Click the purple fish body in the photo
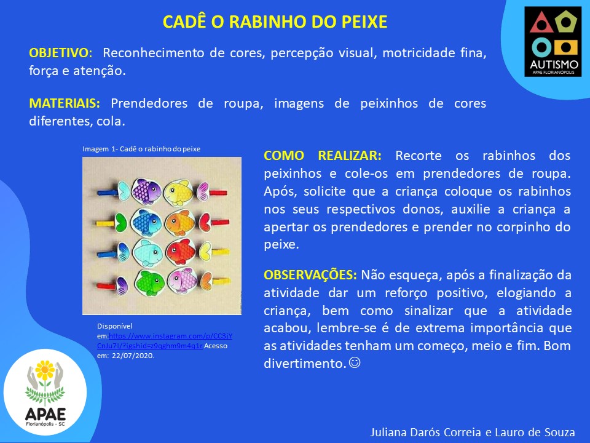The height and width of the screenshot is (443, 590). [x=146, y=191]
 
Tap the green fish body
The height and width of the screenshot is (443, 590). [x=149, y=282]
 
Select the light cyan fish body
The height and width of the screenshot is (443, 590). [x=147, y=253]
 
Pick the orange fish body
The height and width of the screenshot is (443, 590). [x=180, y=223]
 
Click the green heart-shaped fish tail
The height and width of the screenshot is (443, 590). [x=121, y=223]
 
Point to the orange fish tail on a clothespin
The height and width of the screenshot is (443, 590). [x=205, y=281]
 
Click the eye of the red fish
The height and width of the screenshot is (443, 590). [x=174, y=248]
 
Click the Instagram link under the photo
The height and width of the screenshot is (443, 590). [x=165, y=340]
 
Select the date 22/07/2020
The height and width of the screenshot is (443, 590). [x=133, y=355]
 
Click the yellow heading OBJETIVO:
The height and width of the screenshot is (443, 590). [x=61, y=53]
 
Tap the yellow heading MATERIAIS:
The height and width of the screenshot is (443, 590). [x=65, y=103]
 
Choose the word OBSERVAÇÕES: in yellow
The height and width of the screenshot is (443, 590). [x=310, y=275]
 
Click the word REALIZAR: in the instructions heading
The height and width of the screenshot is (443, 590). [x=350, y=156]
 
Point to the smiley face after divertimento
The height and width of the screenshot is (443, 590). [x=355, y=362]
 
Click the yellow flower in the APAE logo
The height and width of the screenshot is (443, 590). [x=45, y=370]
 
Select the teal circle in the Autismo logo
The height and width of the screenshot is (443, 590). [x=541, y=48]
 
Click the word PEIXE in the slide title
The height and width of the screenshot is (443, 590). [x=364, y=22]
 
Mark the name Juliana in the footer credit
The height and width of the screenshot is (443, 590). [x=388, y=433]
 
